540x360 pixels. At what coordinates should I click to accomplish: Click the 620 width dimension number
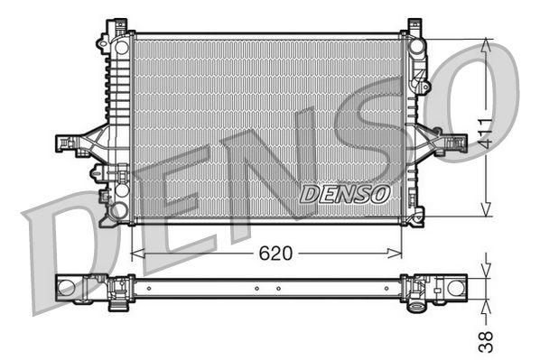(277, 254)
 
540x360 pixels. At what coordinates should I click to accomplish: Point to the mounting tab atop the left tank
(115, 23)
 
